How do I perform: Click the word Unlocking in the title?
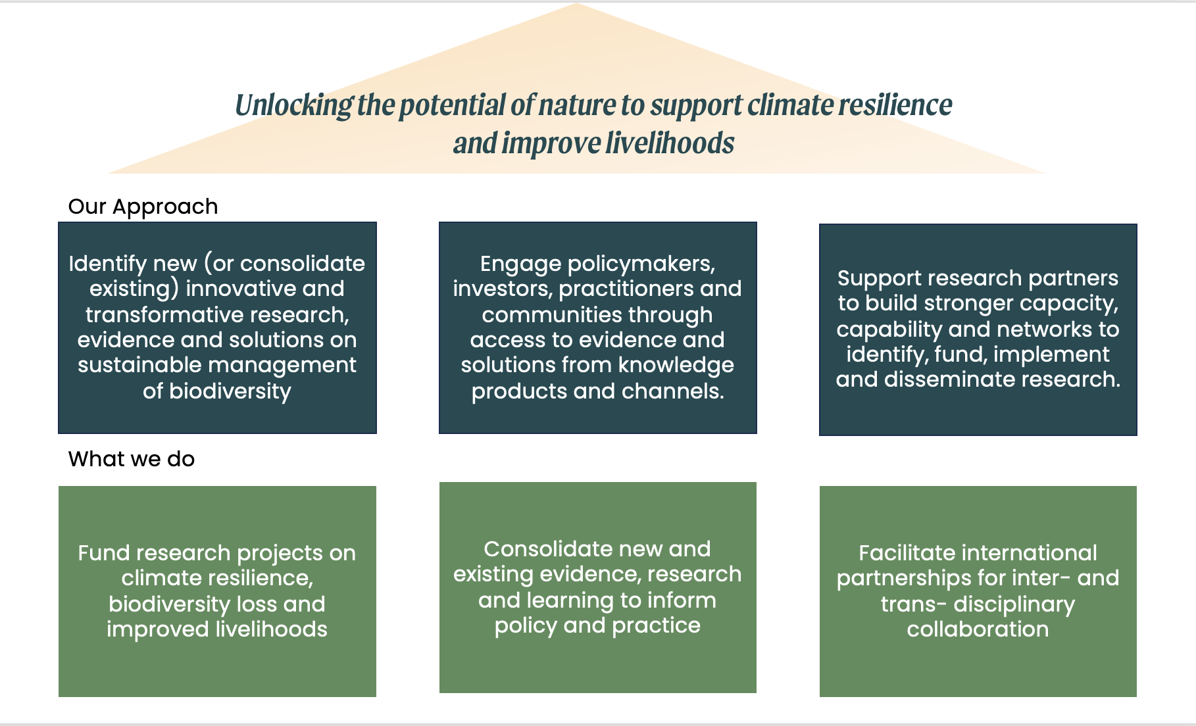point(294,106)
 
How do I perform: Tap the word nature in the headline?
point(577,105)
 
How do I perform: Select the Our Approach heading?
point(143,207)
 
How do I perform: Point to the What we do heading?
point(132,458)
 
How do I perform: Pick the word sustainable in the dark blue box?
point(140,365)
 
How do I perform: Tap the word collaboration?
point(978,629)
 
